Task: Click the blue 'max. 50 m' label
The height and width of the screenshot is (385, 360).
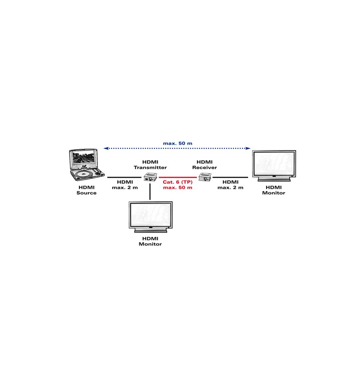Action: (178, 143)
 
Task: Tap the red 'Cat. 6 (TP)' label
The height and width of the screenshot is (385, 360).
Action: (178, 182)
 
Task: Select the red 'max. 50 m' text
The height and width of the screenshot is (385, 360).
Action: (178, 188)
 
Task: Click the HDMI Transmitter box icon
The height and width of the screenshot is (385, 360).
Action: (150, 177)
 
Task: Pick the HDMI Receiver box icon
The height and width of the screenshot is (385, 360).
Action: (205, 177)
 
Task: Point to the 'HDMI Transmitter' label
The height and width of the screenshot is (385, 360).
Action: (150, 165)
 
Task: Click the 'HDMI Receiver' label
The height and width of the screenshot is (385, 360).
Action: (204, 165)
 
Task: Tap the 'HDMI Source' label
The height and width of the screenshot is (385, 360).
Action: (86, 190)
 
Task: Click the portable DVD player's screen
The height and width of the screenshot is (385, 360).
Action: (84, 157)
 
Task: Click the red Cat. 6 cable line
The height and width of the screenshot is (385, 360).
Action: (178, 177)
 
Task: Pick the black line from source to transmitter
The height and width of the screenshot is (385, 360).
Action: (124, 177)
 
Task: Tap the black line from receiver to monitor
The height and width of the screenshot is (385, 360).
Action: (230, 177)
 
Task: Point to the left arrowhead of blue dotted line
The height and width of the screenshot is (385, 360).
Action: (106, 148)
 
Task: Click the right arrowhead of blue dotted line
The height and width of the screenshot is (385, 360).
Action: (248, 148)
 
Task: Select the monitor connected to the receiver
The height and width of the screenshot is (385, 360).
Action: (274, 166)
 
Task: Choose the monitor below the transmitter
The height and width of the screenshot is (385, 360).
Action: (151, 217)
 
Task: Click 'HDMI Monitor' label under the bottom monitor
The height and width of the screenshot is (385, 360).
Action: (150, 241)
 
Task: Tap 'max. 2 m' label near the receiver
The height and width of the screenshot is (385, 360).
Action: (230, 188)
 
